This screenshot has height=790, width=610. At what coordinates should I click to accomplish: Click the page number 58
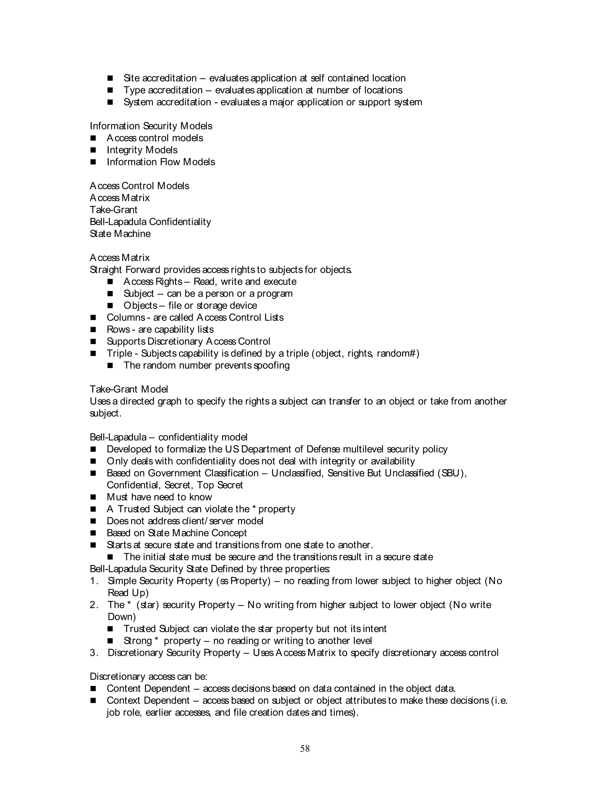(x=305, y=748)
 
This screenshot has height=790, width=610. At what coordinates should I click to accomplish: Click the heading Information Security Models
(x=151, y=126)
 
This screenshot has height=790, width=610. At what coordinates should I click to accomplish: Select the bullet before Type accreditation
(x=110, y=90)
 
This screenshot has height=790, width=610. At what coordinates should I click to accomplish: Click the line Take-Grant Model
(x=129, y=389)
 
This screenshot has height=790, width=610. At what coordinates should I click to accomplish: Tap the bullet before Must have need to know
(x=93, y=497)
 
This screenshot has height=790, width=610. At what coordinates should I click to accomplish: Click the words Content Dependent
(x=148, y=688)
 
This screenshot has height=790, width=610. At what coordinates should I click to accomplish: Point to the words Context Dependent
(x=148, y=700)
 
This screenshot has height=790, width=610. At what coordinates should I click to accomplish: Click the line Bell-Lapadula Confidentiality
(x=150, y=222)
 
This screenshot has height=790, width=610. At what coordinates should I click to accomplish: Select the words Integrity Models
(x=142, y=150)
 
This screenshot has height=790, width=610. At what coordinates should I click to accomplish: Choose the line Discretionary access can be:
(x=148, y=676)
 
